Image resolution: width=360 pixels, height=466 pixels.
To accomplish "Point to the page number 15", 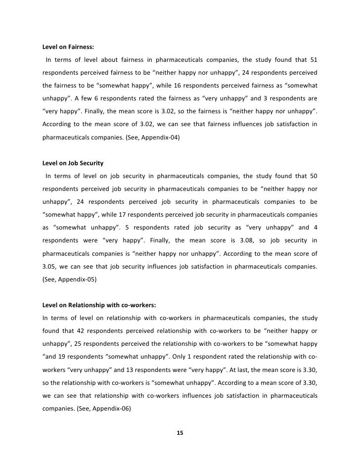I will click(x=180, y=433).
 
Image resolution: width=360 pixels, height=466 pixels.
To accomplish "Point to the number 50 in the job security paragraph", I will click(x=313, y=176).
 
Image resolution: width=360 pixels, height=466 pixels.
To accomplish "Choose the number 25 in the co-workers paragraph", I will click(x=78, y=343).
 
